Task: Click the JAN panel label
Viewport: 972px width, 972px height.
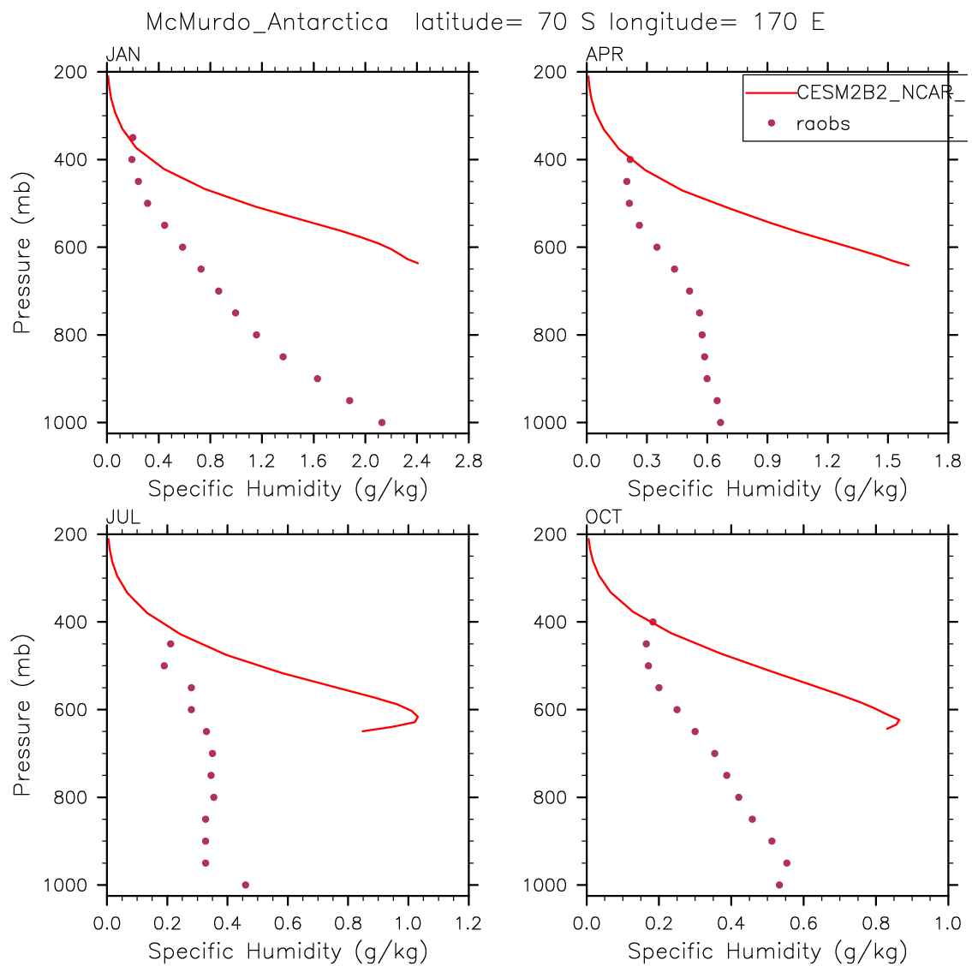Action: [x=122, y=56]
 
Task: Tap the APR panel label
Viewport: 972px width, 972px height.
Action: [x=604, y=56]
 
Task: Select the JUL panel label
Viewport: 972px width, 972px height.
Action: [x=122, y=517]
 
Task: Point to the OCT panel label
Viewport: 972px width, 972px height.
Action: [x=604, y=517]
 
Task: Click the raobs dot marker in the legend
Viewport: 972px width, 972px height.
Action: [x=771, y=123]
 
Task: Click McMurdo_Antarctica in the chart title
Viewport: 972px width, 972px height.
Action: [x=267, y=22]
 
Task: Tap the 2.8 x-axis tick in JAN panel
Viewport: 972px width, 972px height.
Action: [x=468, y=462]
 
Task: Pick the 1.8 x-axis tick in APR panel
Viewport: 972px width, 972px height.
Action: [x=948, y=462]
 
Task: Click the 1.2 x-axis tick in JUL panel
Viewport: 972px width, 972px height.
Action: [x=468, y=924]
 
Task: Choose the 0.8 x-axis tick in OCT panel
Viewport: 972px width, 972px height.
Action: [x=875, y=924]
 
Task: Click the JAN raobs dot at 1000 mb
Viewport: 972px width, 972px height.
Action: [x=382, y=422]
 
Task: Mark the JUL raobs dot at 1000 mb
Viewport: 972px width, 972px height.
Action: [x=246, y=885]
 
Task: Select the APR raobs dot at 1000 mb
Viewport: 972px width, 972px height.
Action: [x=720, y=422]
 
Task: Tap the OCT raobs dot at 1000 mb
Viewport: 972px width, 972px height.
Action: [x=779, y=885]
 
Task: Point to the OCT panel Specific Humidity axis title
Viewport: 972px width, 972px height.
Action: [x=767, y=951]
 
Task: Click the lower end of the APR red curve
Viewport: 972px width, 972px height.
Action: [x=909, y=265]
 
